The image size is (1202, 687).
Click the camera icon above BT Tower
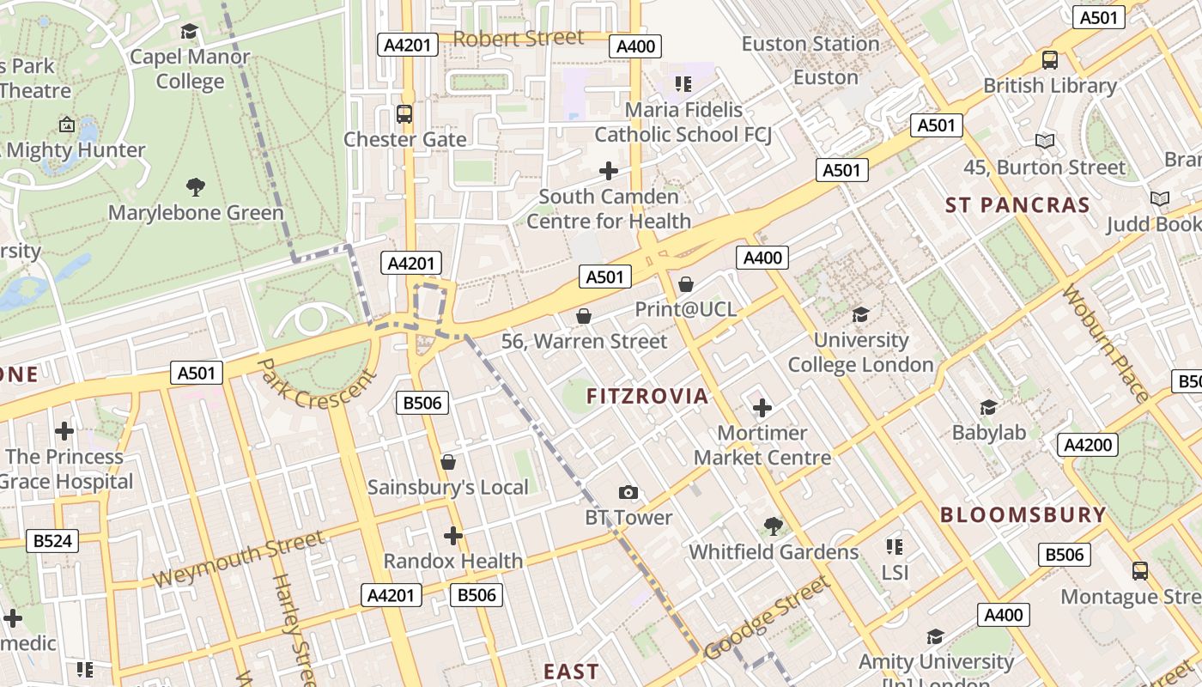coord(628,492)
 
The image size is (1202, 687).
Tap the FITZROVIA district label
coord(647,396)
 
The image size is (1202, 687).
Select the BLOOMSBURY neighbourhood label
coord(1023,515)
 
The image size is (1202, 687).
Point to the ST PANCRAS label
coord(1017,205)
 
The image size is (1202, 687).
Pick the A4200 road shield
coord(1088,445)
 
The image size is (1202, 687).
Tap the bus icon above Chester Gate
coord(404,113)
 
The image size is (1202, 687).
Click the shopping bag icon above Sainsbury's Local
coord(447,463)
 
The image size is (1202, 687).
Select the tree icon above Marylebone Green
coord(196,186)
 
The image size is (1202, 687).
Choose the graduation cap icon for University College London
coord(860,314)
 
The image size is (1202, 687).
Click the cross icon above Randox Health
coord(452,536)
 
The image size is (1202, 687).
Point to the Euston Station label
coord(810,44)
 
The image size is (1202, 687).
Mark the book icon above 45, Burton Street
coord(1045,141)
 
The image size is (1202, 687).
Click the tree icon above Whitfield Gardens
coord(774,526)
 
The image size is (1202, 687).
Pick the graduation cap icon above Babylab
coord(989,406)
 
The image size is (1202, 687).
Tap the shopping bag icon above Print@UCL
coord(686,283)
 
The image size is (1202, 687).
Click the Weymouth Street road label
coord(239,559)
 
